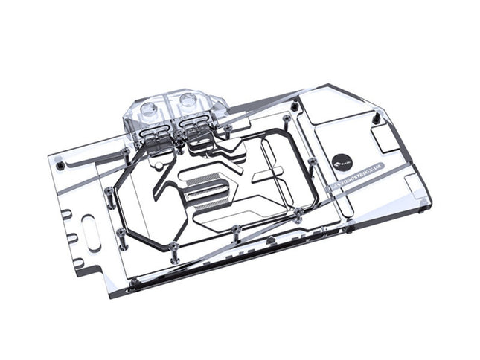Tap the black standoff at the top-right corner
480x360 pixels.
click(x=377, y=117)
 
